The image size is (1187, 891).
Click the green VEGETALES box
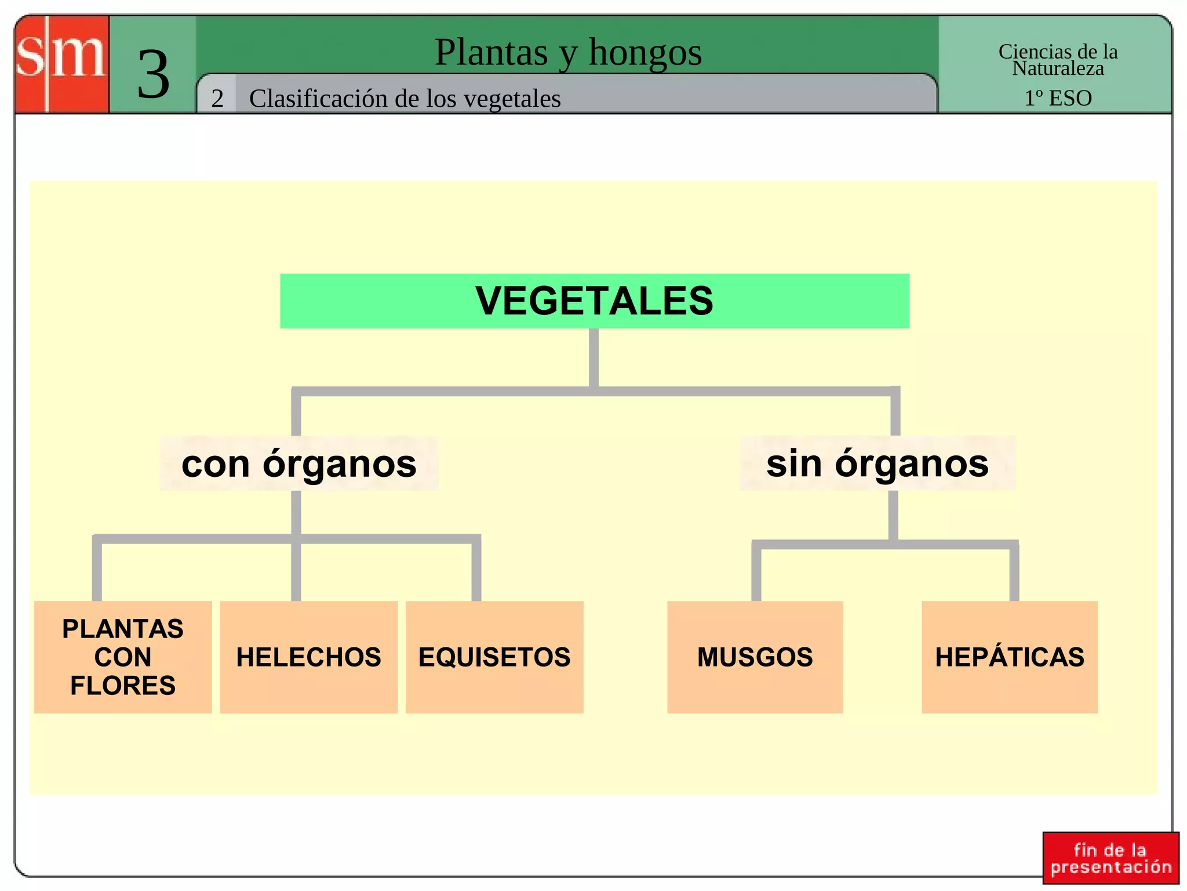594,301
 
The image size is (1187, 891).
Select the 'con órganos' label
298,463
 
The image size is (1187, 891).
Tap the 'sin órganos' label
877,463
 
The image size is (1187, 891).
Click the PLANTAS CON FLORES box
123,657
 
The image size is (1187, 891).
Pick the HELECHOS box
308,657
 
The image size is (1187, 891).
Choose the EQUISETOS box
494,657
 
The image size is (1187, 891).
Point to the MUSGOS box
755,657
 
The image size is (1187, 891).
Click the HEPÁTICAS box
1010,657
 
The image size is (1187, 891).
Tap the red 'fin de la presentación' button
1110,858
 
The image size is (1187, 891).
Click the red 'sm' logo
61,64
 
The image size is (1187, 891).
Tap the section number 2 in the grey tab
217,99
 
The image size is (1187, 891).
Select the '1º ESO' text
1058,98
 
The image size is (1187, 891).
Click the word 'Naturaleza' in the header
1058,69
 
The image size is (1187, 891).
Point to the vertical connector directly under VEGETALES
593,357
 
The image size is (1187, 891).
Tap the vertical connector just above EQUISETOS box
476,571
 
